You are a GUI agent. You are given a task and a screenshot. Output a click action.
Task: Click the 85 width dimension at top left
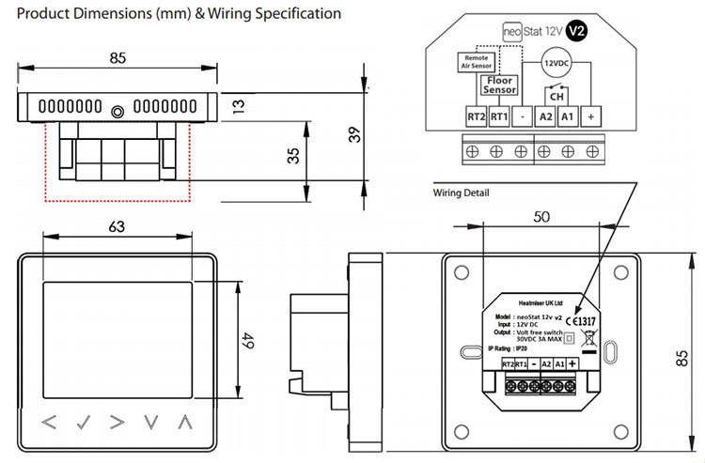117,58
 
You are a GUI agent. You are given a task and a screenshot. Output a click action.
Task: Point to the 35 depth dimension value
292,154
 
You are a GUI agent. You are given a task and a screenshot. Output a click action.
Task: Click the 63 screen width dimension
117,226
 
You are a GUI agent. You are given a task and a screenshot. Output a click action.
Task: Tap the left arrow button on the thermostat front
50,423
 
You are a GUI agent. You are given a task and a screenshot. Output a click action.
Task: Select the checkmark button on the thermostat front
84,423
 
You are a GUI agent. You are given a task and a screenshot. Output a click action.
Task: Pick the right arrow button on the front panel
117,423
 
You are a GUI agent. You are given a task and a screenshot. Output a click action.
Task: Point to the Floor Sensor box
498,86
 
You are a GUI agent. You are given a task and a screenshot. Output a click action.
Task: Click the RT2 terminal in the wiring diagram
476,117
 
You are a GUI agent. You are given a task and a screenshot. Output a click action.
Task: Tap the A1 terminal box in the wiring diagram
567,117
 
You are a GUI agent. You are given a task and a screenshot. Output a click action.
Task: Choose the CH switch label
556,96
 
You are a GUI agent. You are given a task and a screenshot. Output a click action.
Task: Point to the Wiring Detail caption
461,193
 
